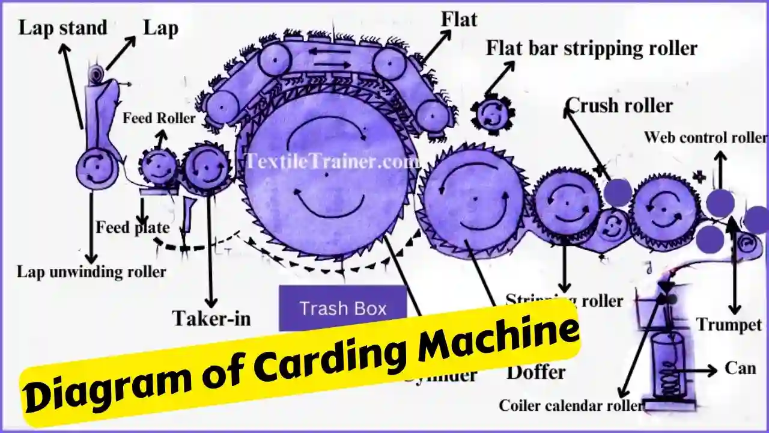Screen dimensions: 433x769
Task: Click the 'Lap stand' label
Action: (x=62, y=28)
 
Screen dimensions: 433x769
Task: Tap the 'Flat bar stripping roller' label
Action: (x=592, y=48)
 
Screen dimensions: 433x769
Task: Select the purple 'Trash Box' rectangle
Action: (x=343, y=309)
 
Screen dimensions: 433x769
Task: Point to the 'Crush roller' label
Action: (x=619, y=105)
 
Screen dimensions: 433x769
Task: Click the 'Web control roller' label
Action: (x=705, y=137)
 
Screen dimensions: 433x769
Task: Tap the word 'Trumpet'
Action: (x=729, y=325)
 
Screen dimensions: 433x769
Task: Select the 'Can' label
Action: (x=740, y=367)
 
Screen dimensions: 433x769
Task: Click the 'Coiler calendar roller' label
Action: (x=571, y=405)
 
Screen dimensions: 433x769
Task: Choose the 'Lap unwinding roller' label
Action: (x=91, y=271)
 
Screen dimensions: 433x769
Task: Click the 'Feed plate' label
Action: (x=132, y=229)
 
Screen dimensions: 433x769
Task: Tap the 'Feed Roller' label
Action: (x=159, y=118)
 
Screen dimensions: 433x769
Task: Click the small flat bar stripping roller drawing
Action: (x=493, y=114)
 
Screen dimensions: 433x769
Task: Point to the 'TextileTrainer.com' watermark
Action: (x=332, y=161)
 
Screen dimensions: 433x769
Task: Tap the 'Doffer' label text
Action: (x=536, y=372)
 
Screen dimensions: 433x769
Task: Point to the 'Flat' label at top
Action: (x=459, y=19)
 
